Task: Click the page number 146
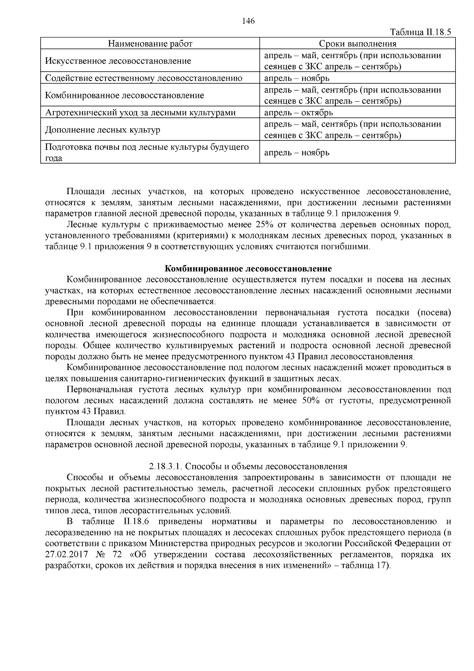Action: coord(248,21)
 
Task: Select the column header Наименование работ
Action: coord(150,43)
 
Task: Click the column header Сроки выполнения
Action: coord(357,43)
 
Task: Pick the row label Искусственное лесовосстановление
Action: coord(118,61)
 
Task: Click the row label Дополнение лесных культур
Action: coord(103,130)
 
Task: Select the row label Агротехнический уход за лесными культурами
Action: coord(140,113)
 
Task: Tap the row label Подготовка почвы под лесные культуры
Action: coord(147,147)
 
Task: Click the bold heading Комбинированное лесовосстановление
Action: coord(248,269)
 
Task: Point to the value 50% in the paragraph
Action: coord(311,401)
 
